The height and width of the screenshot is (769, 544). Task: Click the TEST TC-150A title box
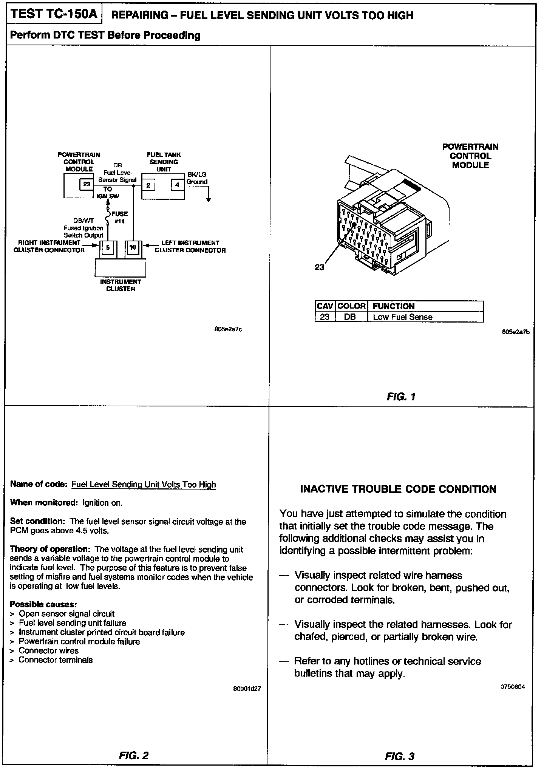pos(54,14)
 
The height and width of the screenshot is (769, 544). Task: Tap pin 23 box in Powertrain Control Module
pos(87,184)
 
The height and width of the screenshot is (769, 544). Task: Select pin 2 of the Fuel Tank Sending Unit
pos(148,185)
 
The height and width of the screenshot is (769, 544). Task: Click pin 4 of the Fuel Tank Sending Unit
pos(177,185)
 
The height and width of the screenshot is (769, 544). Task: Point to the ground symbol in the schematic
pos(208,199)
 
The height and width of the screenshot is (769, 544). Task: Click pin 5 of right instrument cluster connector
pos(108,248)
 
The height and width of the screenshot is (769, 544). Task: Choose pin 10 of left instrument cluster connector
pos(133,247)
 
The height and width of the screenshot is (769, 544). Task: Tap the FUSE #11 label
pos(119,217)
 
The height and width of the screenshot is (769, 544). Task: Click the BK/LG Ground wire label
pos(197,178)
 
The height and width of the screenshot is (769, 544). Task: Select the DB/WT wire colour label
pos(84,221)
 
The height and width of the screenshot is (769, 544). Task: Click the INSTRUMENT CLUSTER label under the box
pos(121,285)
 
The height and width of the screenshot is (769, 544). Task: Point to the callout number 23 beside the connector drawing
pos(319,267)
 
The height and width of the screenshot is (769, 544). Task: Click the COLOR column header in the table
pos(351,306)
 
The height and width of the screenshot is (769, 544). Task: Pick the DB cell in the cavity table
pos(350,317)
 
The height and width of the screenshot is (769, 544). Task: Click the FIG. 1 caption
pos(401,397)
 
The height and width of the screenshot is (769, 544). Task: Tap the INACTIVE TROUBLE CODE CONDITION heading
pos(398,489)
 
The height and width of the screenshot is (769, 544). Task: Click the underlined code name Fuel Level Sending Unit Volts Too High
pos(144,485)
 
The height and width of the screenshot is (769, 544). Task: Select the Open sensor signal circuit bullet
pos(66,614)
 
